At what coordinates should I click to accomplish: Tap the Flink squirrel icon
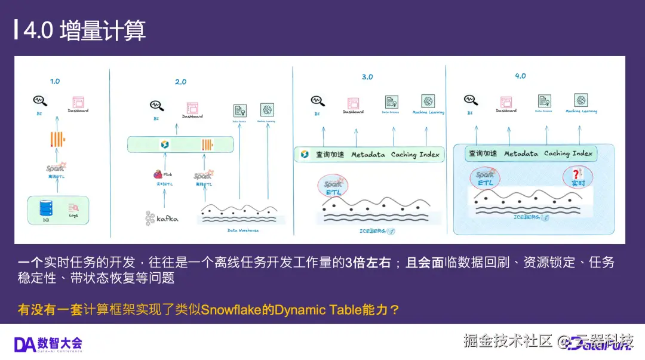click(x=158, y=174)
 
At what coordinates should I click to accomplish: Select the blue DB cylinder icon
click(x=45, y=208)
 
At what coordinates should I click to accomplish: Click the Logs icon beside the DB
click(x=73, y=207)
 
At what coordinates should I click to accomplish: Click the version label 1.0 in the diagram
click(x=55, y=81)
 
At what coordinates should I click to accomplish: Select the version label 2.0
click(x=180, y=82)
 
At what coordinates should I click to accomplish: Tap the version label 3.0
click(x=367, y=77)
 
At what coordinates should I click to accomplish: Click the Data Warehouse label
click(x=243, y=230)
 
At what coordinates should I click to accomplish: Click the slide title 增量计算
click(x=103, y=31)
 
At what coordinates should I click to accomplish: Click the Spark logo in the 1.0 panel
click(x=56, y=168)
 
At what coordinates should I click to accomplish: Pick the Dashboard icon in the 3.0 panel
click(x=352, y=101)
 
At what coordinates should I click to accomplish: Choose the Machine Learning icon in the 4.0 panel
click(x=580, y=100)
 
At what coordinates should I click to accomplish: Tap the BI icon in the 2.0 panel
click(x=156, y=106)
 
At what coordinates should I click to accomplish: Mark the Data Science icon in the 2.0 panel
click(x=239, y=110)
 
